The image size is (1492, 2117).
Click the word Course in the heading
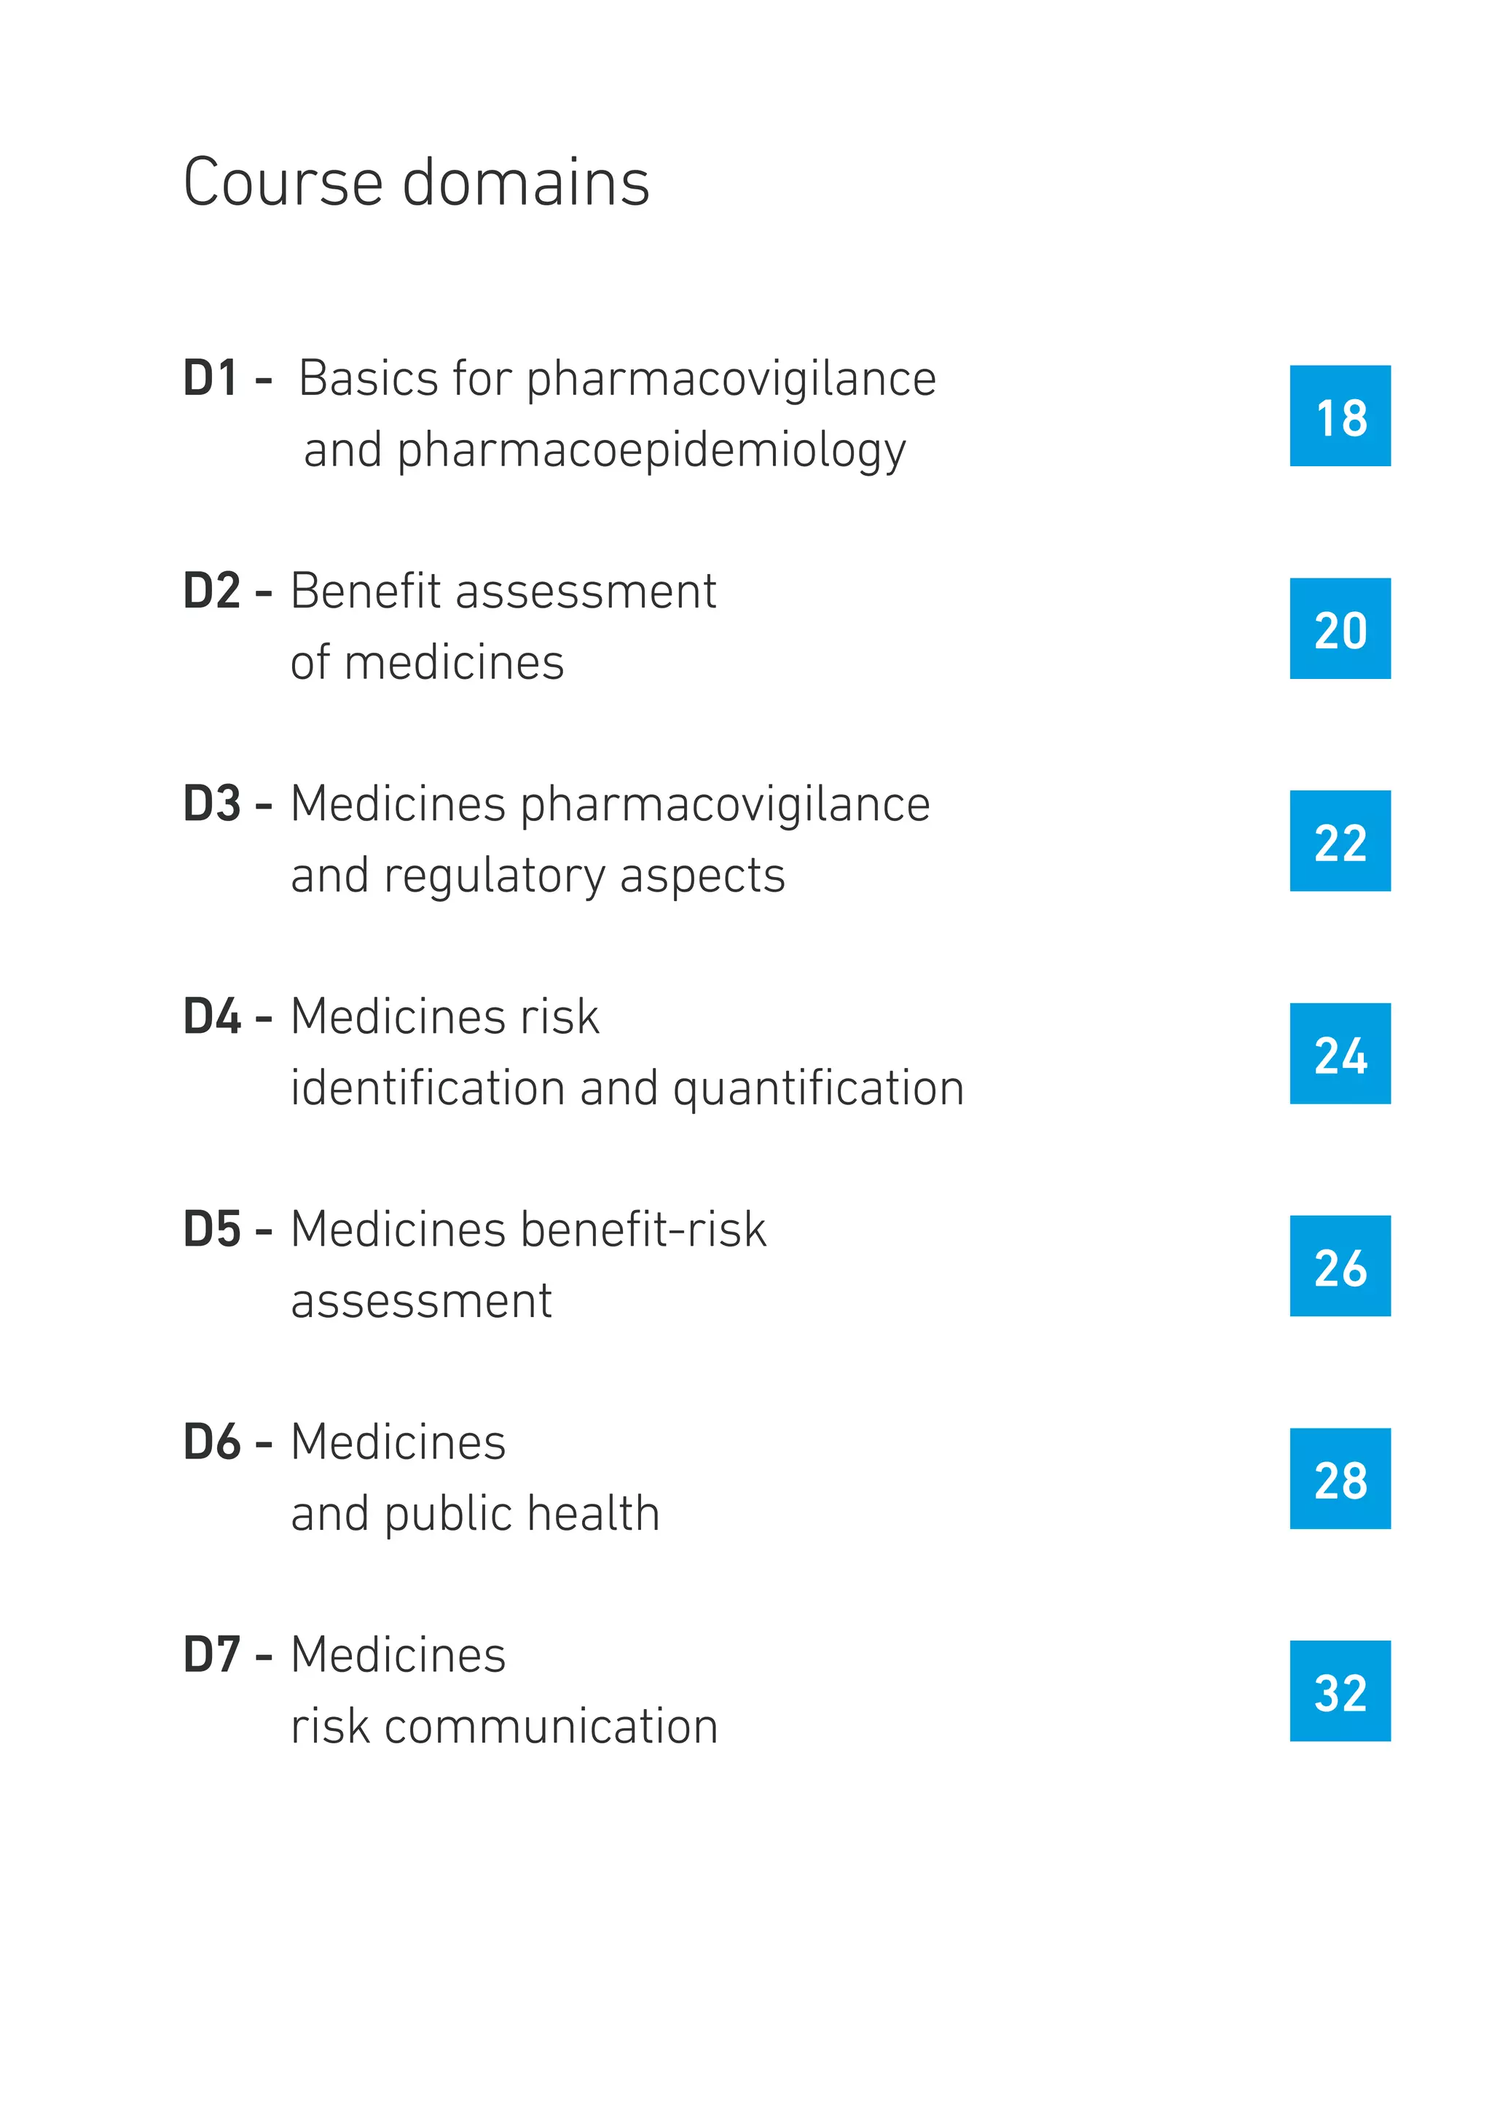click(x=282, y=183)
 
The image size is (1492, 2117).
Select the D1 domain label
click(x=211, y=379)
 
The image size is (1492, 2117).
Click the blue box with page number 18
click(x=1339, y=416)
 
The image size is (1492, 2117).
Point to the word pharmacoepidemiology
click(x=652, y=452)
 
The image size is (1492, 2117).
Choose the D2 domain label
click(x=211, y=591)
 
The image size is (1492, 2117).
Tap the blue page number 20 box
click(x=1339, y=629)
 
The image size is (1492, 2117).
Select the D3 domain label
click(x=211, y=804)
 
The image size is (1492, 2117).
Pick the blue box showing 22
click(x=1339, y=841)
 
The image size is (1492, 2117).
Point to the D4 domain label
click(x=211, y=1017)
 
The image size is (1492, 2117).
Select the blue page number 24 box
click(x=1339, y=1054)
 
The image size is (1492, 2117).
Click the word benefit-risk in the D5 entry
click(x=643, y=1230)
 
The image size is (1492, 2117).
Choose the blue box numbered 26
click(x=1339, y=1266)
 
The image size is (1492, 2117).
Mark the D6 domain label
click(x=211, y=1442)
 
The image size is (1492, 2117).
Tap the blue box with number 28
click(x=1339, y=1479)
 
